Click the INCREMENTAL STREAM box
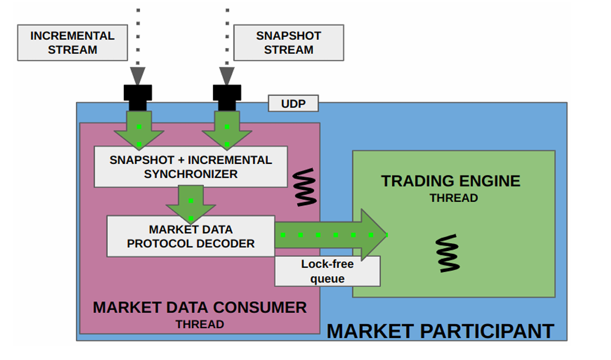point(72,42)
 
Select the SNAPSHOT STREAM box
point(288,42)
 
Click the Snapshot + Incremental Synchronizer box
point(190,167)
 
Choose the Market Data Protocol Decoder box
point(190,236)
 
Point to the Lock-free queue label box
point(327,271)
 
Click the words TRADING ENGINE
point(450,181)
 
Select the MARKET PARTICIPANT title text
point(440,331)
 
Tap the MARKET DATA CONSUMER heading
point(200,307)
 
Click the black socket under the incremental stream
point(138,96)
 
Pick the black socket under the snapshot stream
point(227,96)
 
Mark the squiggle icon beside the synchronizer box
point(305,186)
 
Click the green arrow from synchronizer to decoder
point(191,203)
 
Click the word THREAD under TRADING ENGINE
point(453,198)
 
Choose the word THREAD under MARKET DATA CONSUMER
point(200,324)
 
